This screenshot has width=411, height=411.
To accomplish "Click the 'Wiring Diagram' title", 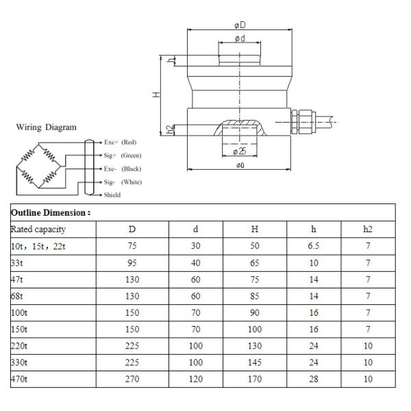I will [47, 127].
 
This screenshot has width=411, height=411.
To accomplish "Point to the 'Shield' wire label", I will [112, 195].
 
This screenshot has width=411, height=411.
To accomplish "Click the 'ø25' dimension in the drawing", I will [239, 150].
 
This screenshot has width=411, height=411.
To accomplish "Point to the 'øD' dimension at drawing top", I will [239, 25].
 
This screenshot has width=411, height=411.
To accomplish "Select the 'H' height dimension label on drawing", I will [156, 95].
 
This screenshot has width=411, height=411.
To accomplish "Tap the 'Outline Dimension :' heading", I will [51, 213].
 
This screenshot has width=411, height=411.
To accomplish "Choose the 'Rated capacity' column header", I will [38, 229].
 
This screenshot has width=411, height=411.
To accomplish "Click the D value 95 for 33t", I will [133, 262].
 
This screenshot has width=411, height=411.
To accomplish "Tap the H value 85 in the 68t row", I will [256, 296].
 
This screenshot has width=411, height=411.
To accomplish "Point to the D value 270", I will [133, 378].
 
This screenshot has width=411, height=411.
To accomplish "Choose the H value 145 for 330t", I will [256, 362].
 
